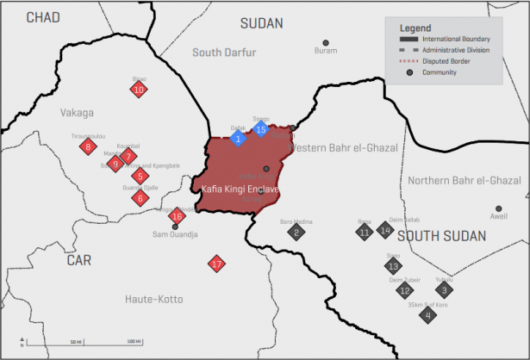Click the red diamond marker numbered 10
pos(139,89)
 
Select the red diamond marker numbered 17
pos(216,264)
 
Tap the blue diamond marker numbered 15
pos(261,130)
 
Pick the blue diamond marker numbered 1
pos(239,139)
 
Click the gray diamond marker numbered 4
pos(427,315)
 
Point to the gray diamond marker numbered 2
pos(296,232)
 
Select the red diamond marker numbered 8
pos(87,147)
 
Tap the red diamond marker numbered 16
pos(177,215)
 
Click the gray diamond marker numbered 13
pos(393,265)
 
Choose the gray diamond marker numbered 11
pos(365,232)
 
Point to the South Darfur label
pos(224,53)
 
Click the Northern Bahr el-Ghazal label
pos(465,180)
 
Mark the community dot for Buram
pos(326,43)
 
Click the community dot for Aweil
pos(498,208)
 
